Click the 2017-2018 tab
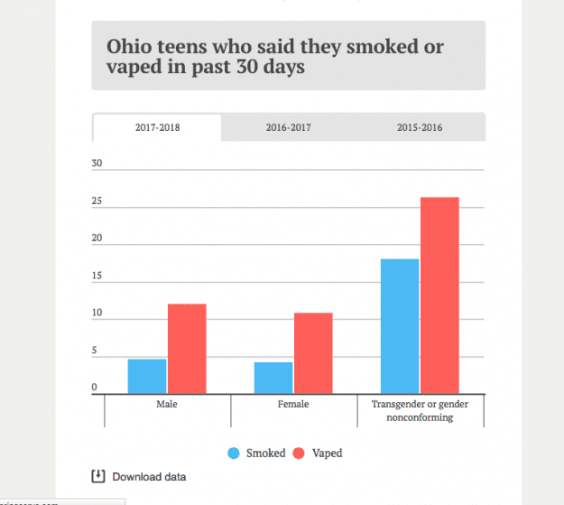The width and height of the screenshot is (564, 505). pyautogui.click(x=157, y=127)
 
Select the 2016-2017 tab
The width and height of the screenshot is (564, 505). pyautogui.click(x=288, y=127)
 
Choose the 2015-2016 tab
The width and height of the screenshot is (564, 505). pyautogui.click(x=420, y=127)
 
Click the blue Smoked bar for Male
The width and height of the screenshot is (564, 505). pyautogui.click(x=147, y=376)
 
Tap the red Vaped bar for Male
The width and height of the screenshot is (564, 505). pyautogui.click(x=187, y=349)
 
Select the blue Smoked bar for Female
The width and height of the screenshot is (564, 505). pyautogui.click(x=273, y=378)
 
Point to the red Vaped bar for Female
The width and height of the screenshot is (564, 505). pyautogui.click(x=313, y=353)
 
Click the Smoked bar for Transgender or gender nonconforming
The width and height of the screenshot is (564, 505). pyautogui.click(x=400, y=326)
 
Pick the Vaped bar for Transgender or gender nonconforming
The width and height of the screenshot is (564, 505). pyautogui.click(x=439, y=295)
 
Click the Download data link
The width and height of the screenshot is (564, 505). pyautogui.click(x=149, y=476)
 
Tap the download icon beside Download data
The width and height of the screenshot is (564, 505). pyautogui.click(x=98, y=476)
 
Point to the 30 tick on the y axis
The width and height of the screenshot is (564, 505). pyautogui.click(x=97, y=164)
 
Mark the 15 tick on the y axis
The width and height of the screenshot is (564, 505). pyautogui.click(x=97, y=276)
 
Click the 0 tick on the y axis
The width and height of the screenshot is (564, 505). pyautogui.click(x=95, y=388)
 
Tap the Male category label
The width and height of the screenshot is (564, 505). pyautogui.click(x=167, y=405)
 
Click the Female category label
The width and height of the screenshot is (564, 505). pyautogui.click(x=293, y=405)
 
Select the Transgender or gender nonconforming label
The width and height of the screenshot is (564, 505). pyautogui.click(x=420, y=411)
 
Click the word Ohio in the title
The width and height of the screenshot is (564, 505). pyautogui.click(x=130, y=46)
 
